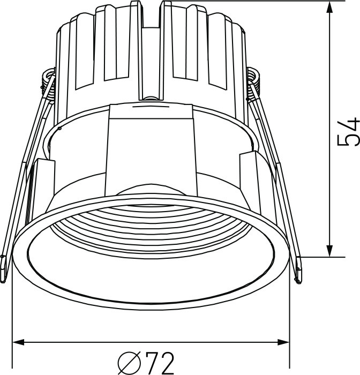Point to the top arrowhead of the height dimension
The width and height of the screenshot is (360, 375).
point(329,6)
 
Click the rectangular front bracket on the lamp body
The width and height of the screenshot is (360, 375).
point(151,145)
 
